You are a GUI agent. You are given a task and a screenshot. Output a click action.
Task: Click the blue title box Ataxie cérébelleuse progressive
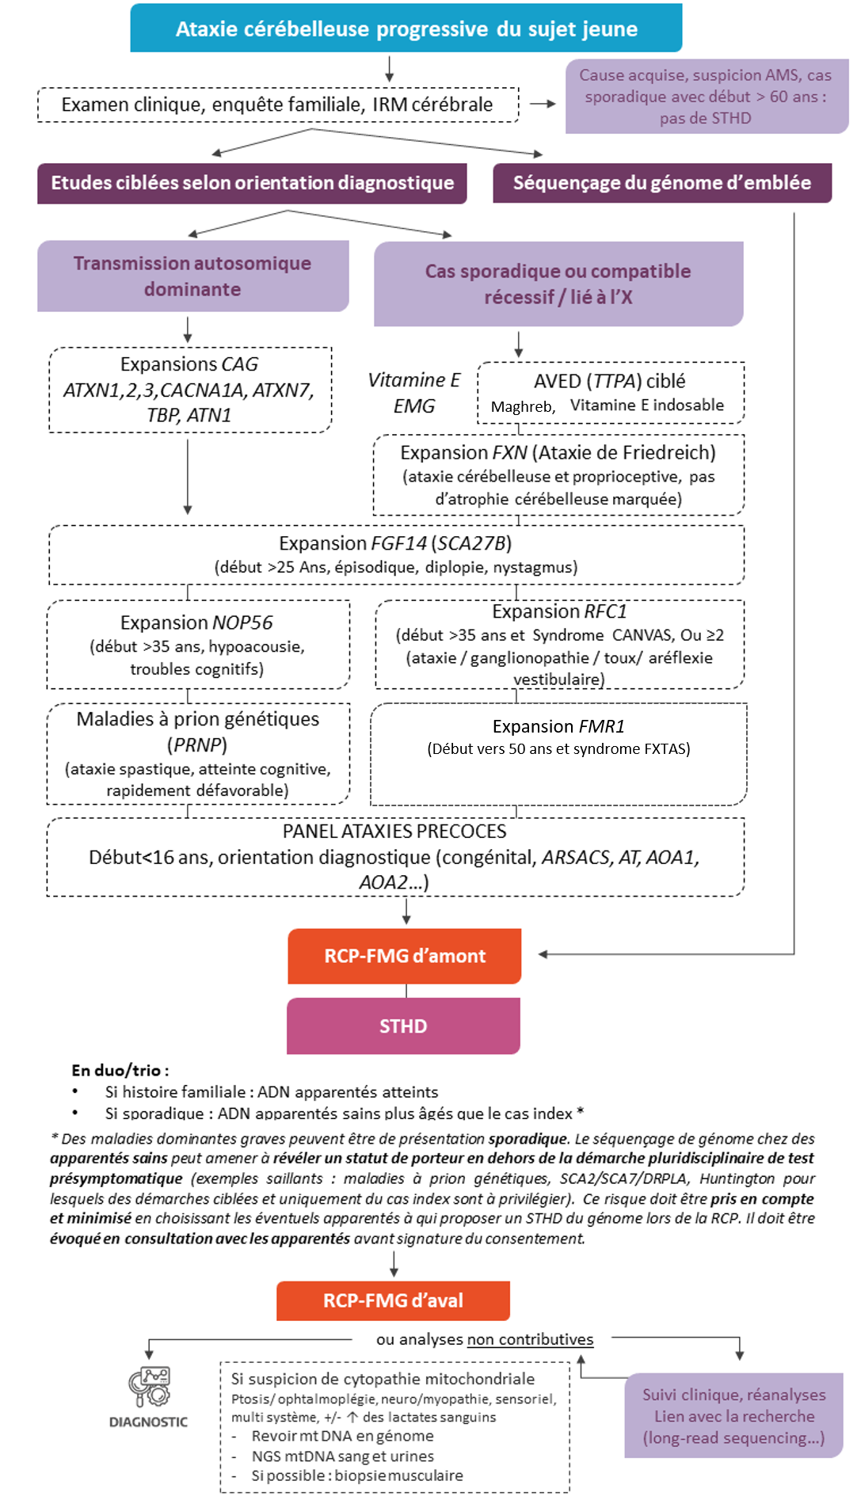pyautogui.click(x=406, y=29)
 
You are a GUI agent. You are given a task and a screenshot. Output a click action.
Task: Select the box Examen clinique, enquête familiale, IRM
pyautogui.click(x=278, y=105)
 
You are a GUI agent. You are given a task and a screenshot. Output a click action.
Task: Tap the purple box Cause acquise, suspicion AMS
pyautogui.click(x=706, y=97)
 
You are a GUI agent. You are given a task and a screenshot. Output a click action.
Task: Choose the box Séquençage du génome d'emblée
pyautogui.click(x=662, y=183)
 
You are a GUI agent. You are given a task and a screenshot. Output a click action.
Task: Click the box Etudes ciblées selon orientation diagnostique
pyautogui.click(x=252, y=183)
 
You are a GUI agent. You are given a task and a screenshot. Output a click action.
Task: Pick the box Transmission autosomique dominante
pyautogui.click(x=192, y=276)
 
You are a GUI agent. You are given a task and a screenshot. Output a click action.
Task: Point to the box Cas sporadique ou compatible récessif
pyautogui.click(x=558, y=284)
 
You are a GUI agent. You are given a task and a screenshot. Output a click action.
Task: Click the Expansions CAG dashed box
pyautogui.click(x=190, y=390)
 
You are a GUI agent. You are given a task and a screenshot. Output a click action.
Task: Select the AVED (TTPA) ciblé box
pyautogui.click(x=611, y=393)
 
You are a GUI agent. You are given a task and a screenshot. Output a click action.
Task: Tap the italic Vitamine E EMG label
pyautogui.click(x=414, y=393)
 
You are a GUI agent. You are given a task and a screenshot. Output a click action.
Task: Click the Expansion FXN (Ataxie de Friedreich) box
pyautogui.click(x=558, y=474)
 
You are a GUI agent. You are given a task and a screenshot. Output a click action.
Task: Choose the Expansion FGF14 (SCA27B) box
pyautogui.click(x=396, y=554)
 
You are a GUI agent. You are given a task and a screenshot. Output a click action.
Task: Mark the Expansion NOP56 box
pyautogui.click(x=198, y=645)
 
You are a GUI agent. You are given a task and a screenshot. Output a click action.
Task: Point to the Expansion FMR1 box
pyautogui.click(x=558, y=753)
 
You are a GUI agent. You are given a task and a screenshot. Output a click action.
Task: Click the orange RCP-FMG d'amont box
pyautogui.click(x=405, y=956)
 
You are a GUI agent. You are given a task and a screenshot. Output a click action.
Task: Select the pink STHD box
pyautogui.click(x=403, y=1026)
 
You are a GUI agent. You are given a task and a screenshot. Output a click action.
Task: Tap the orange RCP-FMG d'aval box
pyautogui.click(x=393, y=1300)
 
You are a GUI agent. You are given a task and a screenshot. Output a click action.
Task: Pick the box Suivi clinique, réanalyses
pyautogui.click(x=733, y=1416)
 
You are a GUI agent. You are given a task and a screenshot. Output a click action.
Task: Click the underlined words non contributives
pyautogui.click(x=530, y=1339)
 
